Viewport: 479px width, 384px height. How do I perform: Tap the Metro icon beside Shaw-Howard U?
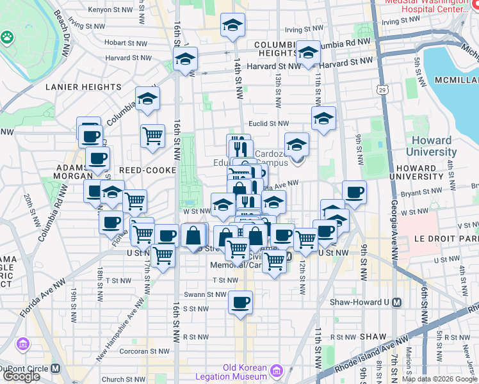pos(397,302)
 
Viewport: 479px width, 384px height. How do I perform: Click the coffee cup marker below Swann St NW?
pos(240,302)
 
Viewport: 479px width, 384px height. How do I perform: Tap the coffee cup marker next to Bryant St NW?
pos(354,192)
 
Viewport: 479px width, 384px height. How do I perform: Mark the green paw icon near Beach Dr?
pos(8,37)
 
